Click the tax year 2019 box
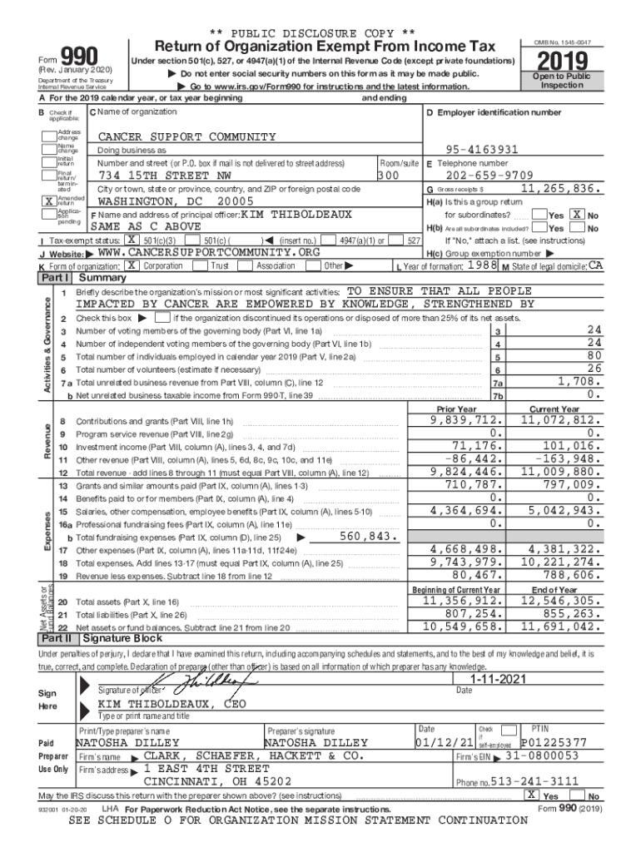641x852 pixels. coord(563,63)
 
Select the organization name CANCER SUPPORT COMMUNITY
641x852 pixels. coord(186,136)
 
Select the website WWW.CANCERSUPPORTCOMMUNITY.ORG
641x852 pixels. coord(208,252)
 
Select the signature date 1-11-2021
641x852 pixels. coord(497,680)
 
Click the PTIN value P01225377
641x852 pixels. coord(554,742)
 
